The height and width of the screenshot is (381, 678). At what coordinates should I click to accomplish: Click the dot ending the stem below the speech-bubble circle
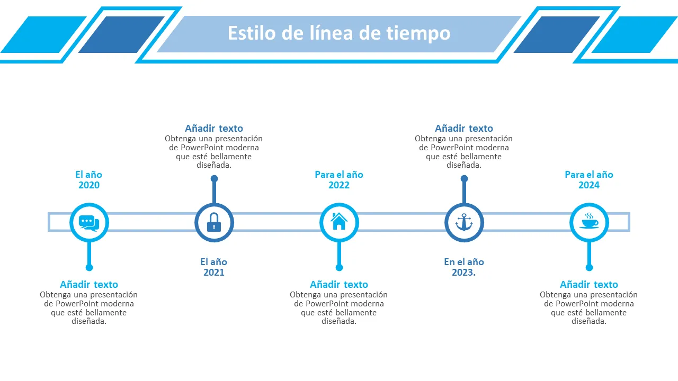point(89,268)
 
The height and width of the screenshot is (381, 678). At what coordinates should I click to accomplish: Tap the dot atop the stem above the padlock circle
point(215,179)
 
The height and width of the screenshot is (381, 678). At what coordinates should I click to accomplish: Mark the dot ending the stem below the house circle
point(339,268)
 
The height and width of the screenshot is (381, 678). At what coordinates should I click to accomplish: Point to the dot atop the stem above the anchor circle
point(465,179)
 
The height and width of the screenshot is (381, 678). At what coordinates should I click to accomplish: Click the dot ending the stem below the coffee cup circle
point(589,268)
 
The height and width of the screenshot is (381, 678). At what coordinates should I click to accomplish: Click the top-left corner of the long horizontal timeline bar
point(48,213)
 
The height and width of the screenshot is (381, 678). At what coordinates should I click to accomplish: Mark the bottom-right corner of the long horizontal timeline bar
point(630,232)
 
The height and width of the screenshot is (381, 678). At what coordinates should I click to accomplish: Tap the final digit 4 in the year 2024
point(596,185)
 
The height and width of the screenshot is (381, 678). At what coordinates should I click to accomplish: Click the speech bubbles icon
point(89,223)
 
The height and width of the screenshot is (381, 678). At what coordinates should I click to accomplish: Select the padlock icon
point(214,222)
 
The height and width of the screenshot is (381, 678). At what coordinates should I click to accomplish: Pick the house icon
point(338,221)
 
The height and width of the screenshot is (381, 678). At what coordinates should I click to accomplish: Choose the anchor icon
point(464,222)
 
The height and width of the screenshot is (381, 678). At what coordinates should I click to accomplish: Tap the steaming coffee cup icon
point(589,221)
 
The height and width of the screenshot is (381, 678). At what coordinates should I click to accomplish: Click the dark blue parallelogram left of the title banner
point(121,34)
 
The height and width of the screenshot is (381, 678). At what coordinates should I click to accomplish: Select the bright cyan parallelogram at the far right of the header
point(635,34)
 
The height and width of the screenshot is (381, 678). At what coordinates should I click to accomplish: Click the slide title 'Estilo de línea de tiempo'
point(339,33)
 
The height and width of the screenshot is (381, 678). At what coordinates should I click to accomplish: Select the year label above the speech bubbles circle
point(88,179)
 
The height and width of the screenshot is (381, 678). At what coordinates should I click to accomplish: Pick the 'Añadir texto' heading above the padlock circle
point(214,129)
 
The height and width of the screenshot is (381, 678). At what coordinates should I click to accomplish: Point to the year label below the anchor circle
point(464,267)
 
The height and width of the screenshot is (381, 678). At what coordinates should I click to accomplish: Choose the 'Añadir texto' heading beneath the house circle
point(339,285)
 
